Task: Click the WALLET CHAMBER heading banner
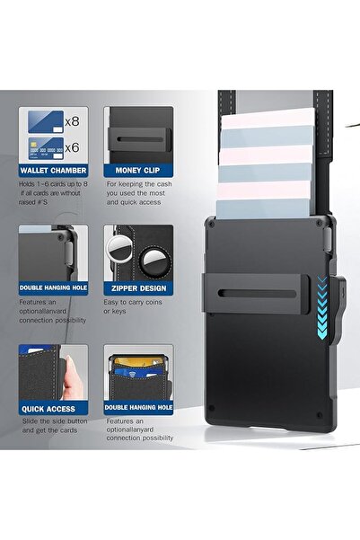[x=53, y=171]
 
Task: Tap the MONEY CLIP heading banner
[x=138, y=171]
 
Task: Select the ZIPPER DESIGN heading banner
[x=138, y=288]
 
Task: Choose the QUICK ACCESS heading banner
[x=53, y=409]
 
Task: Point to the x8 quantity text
[x=73, y=121]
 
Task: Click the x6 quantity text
[x=73, y=147]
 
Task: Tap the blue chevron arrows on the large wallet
[x=321, y=307]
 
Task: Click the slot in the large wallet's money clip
[x=257, y=294]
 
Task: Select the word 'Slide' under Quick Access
[x=31, y=421]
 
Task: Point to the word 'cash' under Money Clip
[x=164, y=184]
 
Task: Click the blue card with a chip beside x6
[x=46, y=148]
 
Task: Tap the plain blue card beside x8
[x=46, y=121]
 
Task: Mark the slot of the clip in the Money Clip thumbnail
[x=140, y=139]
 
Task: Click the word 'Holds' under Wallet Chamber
[x=27, y=184]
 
